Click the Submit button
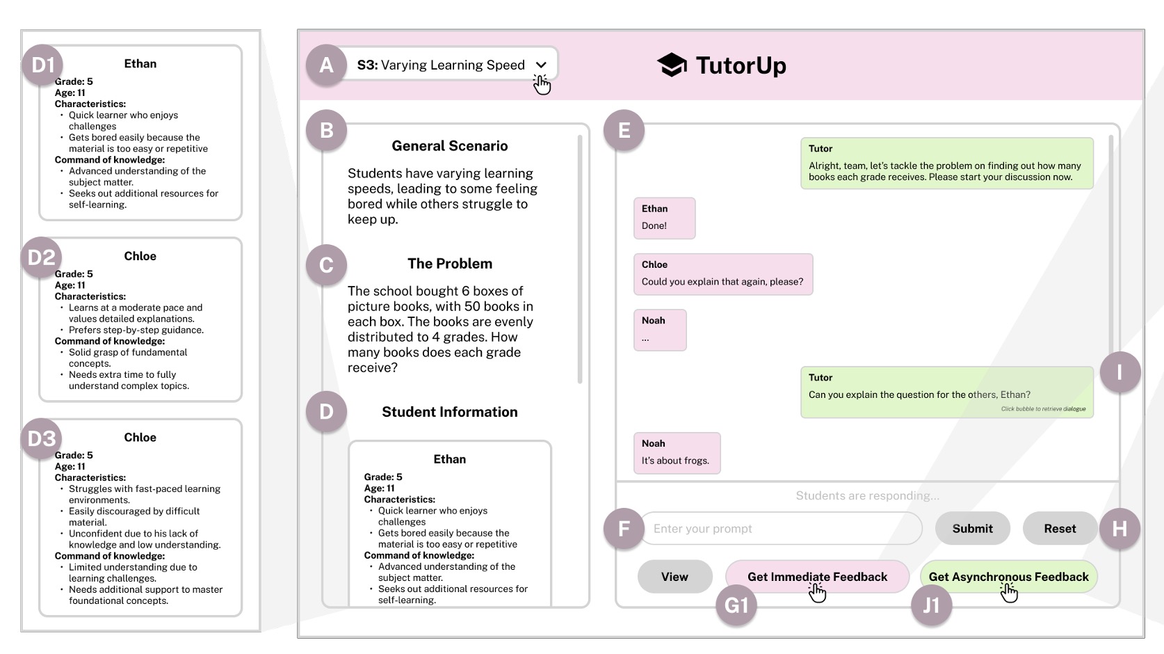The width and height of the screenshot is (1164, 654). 972,528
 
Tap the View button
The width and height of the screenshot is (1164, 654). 674,577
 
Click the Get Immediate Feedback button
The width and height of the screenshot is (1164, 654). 818,577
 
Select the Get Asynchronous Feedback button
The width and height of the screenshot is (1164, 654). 1009,577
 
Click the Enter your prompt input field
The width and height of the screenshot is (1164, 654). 781,528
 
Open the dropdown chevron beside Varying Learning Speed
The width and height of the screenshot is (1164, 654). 541,65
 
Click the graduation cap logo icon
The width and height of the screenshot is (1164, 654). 672,65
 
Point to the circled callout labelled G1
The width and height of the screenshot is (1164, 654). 736,605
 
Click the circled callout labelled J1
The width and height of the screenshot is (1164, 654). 931,605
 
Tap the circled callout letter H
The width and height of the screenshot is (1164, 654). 1119,529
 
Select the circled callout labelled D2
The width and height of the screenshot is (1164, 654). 41,257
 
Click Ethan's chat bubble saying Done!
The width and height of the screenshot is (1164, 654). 664,218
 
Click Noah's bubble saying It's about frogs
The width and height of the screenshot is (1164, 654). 677,453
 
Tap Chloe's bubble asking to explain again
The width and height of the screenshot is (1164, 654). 723,275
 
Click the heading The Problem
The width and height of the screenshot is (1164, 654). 449,264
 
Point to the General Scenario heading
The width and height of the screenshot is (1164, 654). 449,145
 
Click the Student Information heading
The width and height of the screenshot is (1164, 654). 449,412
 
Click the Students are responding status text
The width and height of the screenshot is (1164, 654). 867,495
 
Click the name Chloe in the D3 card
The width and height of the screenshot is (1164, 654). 140,437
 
